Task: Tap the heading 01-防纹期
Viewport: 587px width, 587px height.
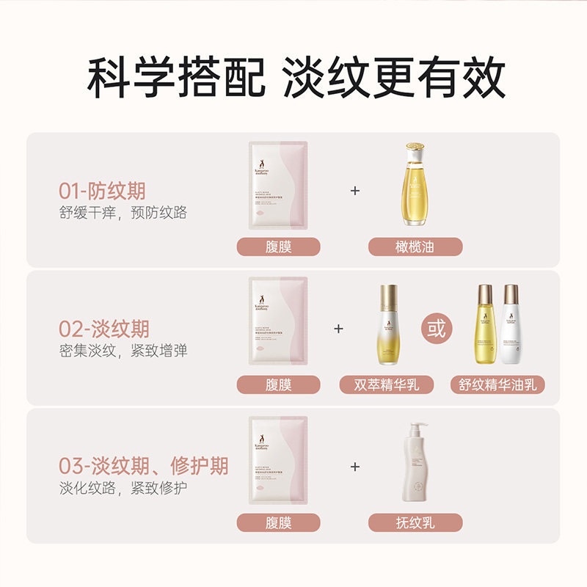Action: coord(102,192)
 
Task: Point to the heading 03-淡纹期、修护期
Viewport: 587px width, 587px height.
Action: coord(143,465)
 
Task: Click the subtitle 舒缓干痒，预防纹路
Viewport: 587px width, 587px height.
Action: coord(123,213)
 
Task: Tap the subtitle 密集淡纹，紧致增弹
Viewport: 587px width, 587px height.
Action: coord(123,350)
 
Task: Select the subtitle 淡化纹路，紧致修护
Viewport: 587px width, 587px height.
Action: coord(123,488)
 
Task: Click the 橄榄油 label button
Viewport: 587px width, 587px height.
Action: coord(415,247)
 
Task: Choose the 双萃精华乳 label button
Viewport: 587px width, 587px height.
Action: coord(387,384)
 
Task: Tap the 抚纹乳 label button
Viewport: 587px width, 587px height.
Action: coord(415,522)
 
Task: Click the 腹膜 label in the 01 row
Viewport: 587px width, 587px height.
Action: coord(278,247)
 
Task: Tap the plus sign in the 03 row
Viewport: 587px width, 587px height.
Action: coord(356,466)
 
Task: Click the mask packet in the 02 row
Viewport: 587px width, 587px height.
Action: coord(278,324)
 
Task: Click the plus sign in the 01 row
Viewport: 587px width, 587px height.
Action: coord(356,191)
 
